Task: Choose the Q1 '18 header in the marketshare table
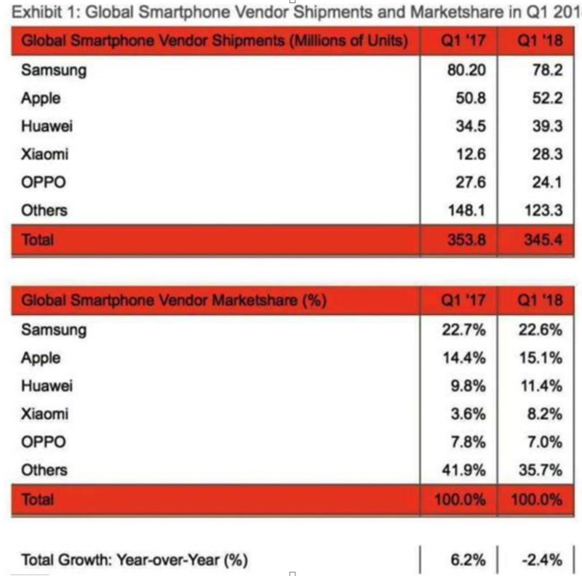coord(538,300)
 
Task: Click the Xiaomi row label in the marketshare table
coord(45,414)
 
